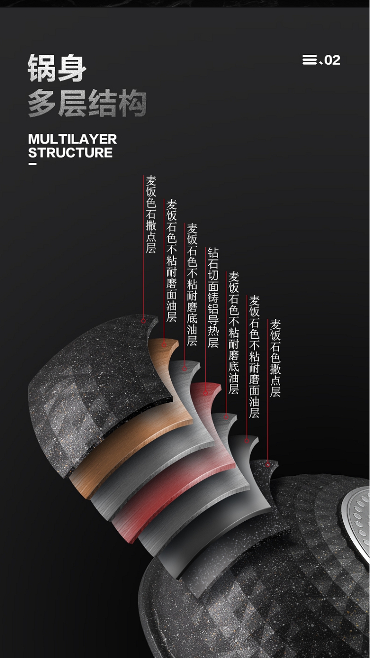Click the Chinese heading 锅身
coord(57,68)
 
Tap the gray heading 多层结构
coord(87,104)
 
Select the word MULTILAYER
coord(73,139)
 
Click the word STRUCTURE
coord(71,153)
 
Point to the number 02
coord(332,60)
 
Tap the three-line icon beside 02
coord(310,60)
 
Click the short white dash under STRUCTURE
coord(32,164)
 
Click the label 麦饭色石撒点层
coord(151,214)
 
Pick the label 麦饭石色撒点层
coord(275,358)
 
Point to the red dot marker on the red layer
coord(206,393)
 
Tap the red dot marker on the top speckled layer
coord(144,321)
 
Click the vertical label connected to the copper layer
coord(172,261)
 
